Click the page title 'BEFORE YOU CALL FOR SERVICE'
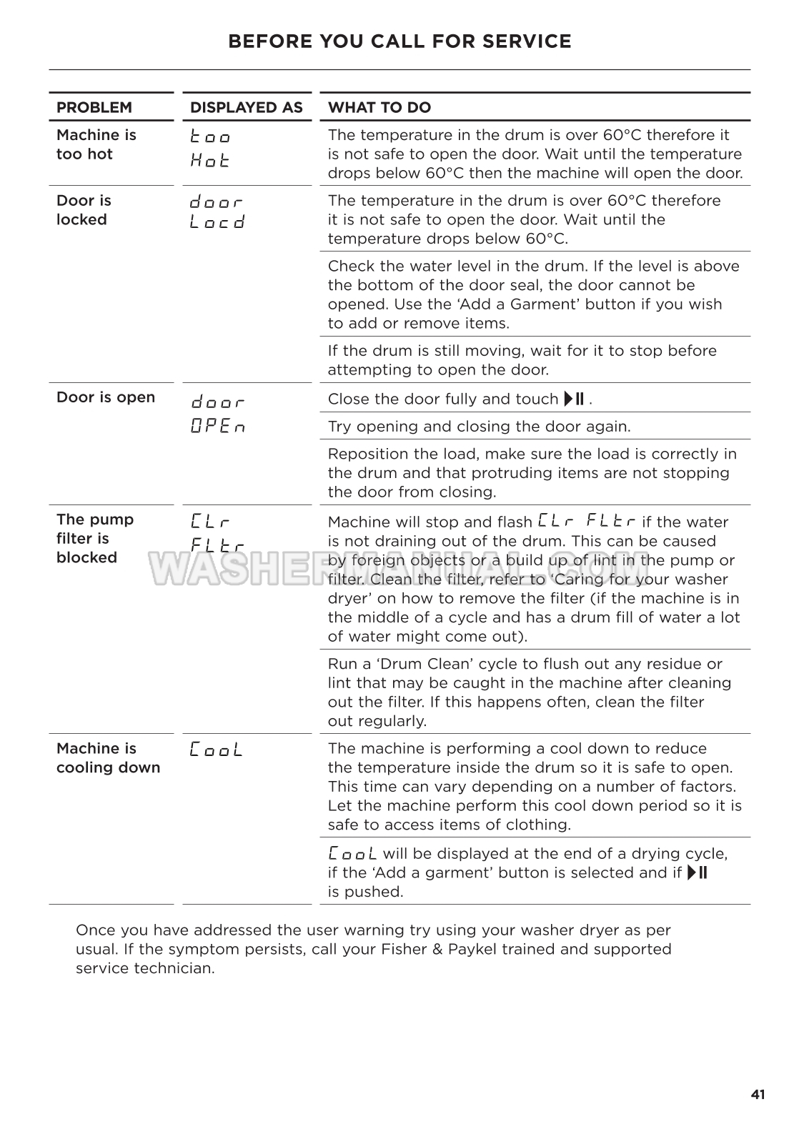pos(399,41)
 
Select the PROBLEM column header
pos(94,108)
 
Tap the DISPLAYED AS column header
pos(247,108)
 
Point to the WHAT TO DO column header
pos(379,108)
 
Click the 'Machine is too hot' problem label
pos(96,144)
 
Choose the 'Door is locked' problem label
pos(84,210)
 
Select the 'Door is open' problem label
pos(106,397)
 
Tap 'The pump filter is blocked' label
pos(94,538)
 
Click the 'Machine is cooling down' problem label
pos(108,758)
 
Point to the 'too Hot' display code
pos(210,148)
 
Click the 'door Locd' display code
pos(217,212)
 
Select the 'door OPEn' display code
pos(218,414)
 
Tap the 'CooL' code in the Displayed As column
pos(217,750)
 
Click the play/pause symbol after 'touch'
pos(575,399)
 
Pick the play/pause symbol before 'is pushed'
pos(697,872)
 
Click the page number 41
pos(758,1095)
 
